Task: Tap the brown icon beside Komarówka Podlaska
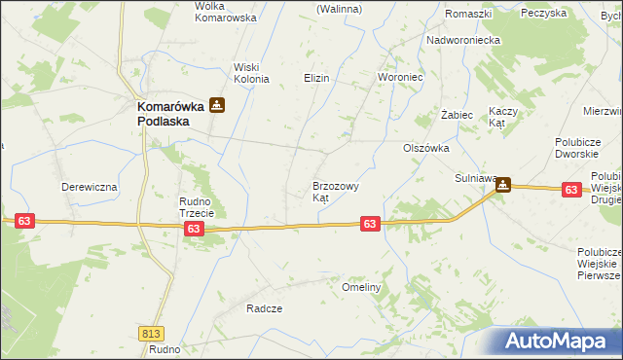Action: pyautogui.click(x=217, y=107)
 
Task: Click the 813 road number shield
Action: pyautogui.click(x=151, y=332)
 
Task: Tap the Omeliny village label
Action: pyautogui.click(x=361, y=288)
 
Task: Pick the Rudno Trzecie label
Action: pyautogui.click(x=202, y=207)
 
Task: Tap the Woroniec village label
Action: pyautogui.click(x=398, y=77)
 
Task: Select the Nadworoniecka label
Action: pyautogui.click(x=462, y=40)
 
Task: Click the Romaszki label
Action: pyautogui.click(x=468, y=14)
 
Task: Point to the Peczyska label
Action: pyautogui.click(x=570, y=13)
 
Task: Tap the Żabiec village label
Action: pyautogui.click(x=457, y=115)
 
